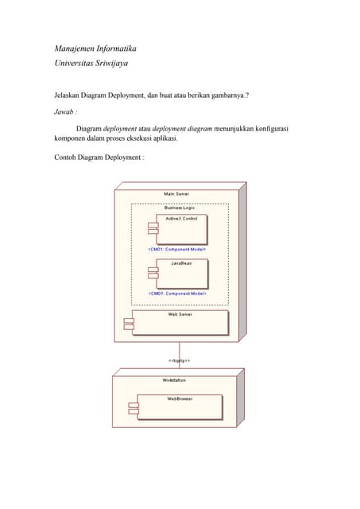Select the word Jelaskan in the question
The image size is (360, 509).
[67, 95]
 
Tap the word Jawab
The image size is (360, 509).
[64, 112]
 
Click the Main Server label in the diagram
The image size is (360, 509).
[176, 193]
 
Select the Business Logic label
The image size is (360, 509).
[179, 208]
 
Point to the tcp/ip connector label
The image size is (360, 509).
[179, 360]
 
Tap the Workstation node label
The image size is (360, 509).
[175, 380]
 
